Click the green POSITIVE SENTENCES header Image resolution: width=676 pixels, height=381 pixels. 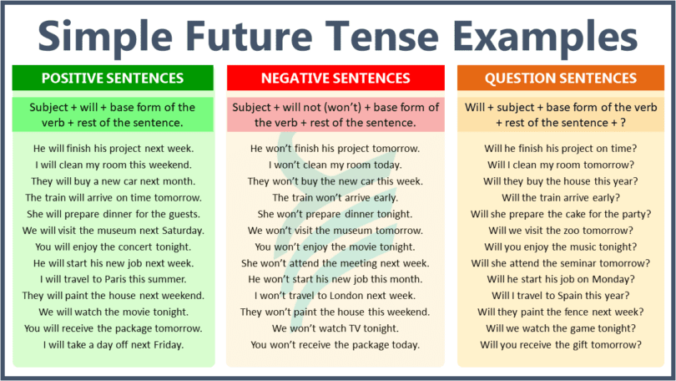(x=112, y=79)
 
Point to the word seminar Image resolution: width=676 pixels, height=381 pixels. (x=574, y=262)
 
